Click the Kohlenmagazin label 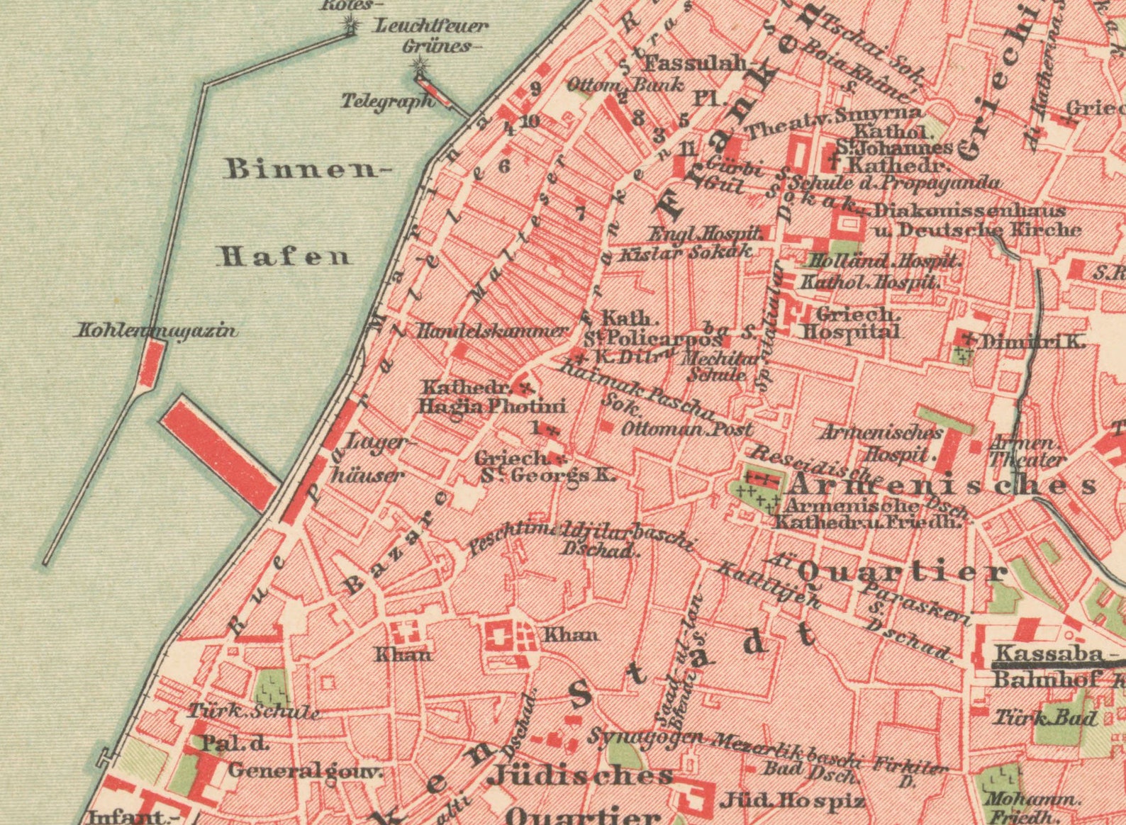(x=157, y=330)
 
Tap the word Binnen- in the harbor (x=308, y=169)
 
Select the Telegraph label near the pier (x=387, y=101)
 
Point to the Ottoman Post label (x=686, y=429)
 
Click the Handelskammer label (x=492, y=330)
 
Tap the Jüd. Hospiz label (x=792, y=802)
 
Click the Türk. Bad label (x=1044, y=718)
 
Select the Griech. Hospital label (x=849, y=322)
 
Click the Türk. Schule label (x=253, y=712)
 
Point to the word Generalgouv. (x=305, y=770)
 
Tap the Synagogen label (x=646, y=737)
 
